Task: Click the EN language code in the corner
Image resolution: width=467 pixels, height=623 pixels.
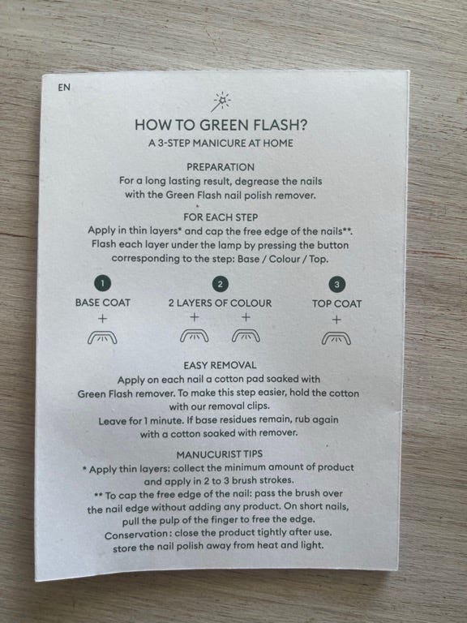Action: click(64, 88)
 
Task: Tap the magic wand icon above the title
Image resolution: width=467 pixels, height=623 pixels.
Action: click(221, 102)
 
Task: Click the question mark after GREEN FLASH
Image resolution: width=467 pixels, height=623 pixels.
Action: click(302, 125)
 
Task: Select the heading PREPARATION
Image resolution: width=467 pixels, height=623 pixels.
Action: click(221, 167)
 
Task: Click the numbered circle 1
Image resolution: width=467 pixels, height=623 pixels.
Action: click(102, 283)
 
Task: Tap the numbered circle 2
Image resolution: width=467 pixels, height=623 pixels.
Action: click(220, 284)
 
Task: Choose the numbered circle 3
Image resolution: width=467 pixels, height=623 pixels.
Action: click(336, 285)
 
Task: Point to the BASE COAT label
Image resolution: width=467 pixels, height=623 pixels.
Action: click(102, 303)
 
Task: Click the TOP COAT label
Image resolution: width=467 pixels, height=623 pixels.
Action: click(336, 304)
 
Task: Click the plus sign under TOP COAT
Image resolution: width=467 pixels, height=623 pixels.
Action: click(336, 320)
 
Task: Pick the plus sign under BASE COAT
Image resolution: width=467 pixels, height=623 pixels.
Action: click(102, 319)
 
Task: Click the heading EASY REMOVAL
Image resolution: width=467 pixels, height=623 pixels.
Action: click(220, 366)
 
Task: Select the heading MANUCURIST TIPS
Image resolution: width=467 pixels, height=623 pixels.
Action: click(219, 454)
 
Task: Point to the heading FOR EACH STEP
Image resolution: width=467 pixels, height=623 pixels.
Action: click(221, 217)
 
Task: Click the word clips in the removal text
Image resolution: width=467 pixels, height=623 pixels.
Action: click(258, 406)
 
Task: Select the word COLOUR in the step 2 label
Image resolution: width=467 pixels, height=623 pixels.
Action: click(251, 303)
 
